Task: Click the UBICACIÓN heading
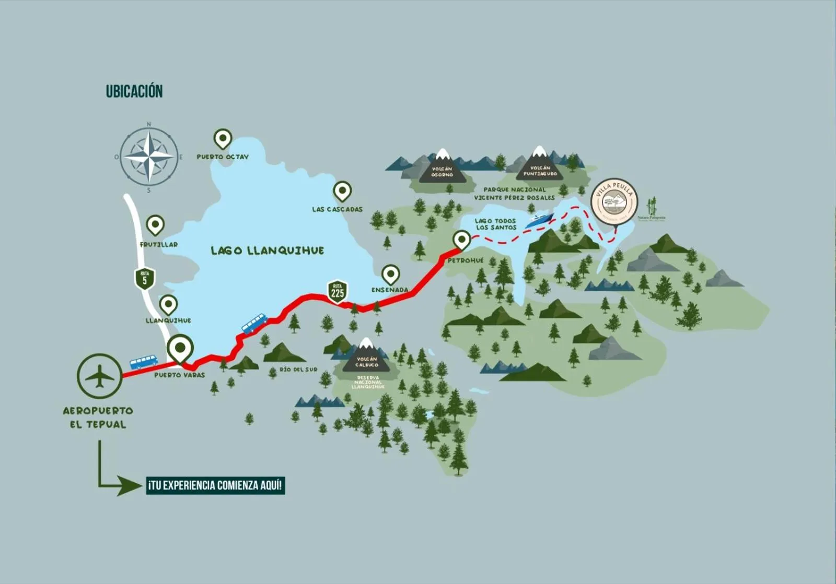[134, 91]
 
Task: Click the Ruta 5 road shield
[145, 278]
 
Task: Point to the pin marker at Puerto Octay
[223, 139]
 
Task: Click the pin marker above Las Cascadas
[342, 192]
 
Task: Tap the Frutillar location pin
[155, 224]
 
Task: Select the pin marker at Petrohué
[461, 240]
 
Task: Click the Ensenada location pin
[390, 273]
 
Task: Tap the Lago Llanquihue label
[267, 251]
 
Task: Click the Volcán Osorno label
[442, 172]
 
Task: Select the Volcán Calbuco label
[366, 362]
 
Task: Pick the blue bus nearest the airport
[143, 361]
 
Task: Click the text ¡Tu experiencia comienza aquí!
[216, 485]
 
